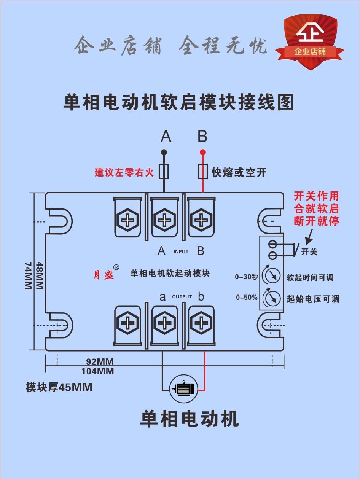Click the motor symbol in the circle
pos(183,388)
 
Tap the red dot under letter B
pos(202,152)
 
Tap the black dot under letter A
pos(164,152)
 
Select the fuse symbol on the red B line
pos(202,172)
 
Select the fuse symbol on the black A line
pos(164,172)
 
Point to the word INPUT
pos(181,251)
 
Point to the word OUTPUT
pos(182,297)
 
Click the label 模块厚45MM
pos(59,388)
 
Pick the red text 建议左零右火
pos(124,172)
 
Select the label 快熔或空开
pos(239,173)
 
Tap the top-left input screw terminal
pos(128,220)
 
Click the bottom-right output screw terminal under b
pos(200,323)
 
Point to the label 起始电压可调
pos(312,299)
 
